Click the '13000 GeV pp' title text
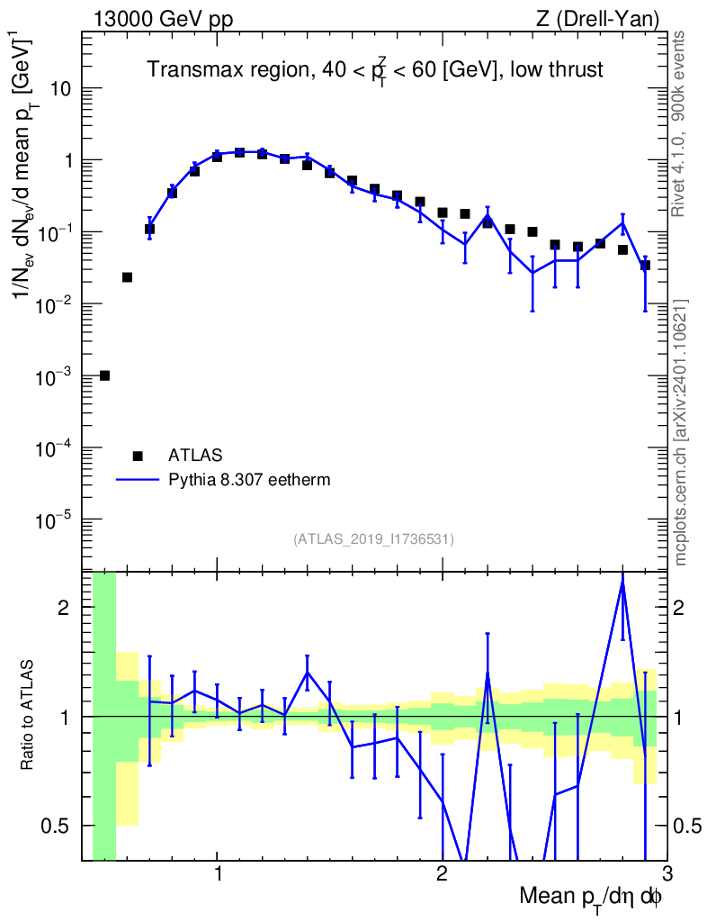click(x=163, y=20)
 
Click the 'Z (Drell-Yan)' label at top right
click(x=597, y=20)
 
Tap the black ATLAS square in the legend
click(x=138, y=456)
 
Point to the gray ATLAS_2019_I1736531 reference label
click(x=373, y=539)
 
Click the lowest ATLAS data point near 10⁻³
click(x=104, y=375)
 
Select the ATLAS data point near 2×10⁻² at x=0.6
click(x=127, y=277)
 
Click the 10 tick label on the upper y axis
click(x=59, y=89)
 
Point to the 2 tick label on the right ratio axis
click(x=679, y=608)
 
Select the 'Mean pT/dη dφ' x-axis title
click(x=591, y=898)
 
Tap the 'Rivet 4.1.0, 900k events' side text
click(x=678, y=124)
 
